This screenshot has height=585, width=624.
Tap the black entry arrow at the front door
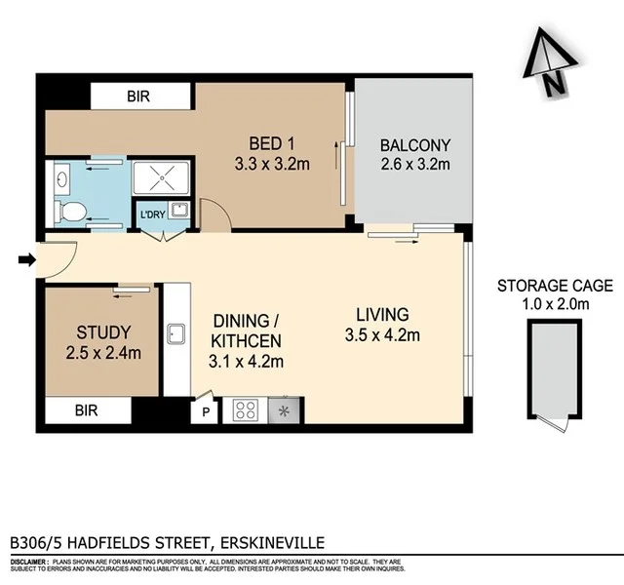26,259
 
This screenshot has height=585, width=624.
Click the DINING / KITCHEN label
247,340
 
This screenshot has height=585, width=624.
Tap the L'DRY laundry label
152,214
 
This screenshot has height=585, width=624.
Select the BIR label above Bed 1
138,97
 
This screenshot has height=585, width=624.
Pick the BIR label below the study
87,411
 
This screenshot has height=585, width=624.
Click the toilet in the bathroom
71,210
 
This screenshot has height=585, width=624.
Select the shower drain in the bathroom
165,178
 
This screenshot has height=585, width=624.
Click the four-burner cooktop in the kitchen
244,410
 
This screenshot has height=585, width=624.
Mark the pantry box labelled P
205,411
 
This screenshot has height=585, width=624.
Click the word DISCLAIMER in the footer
29,564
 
